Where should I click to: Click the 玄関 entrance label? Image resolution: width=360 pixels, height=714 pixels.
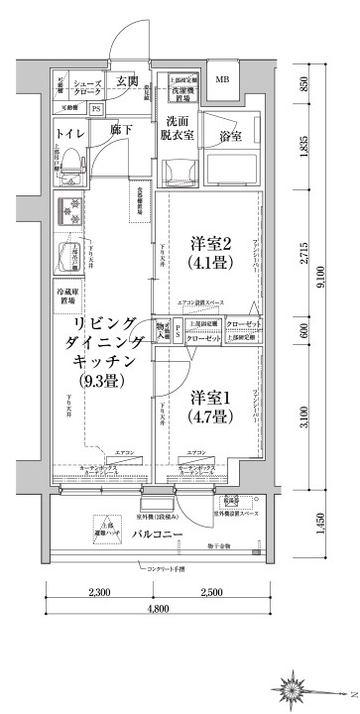(x=126, y=81)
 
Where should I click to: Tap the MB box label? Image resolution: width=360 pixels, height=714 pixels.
(x=222, y=80)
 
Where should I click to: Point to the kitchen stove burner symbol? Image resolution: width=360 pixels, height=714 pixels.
(x=72, y=211)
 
